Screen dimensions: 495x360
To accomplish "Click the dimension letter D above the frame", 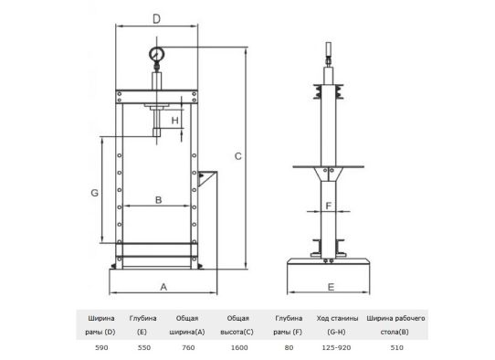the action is (156, 19).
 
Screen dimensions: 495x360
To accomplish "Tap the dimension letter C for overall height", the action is (238, 156).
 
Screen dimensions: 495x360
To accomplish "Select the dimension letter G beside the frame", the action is (94, 193).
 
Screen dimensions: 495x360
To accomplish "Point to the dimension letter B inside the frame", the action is (159, 200).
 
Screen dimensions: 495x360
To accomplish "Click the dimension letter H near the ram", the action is (174, 121).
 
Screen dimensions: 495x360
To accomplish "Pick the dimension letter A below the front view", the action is (163, 287).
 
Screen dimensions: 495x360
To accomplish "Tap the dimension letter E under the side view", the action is (331, 287).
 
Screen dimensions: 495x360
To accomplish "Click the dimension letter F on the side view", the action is (328, 206).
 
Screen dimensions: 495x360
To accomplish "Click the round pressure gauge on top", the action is (156, 54).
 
